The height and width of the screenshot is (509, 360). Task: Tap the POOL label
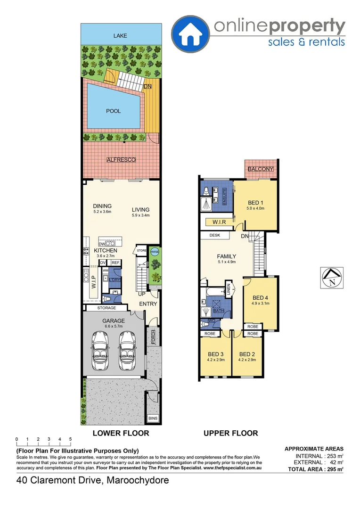coord(113,111)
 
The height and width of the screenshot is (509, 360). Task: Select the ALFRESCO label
coord(121,160)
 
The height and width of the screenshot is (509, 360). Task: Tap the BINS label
coord(153,418)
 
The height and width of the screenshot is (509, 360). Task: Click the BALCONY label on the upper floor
coord(261,169)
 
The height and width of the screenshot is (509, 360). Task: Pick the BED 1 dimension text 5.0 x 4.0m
coord(256,208)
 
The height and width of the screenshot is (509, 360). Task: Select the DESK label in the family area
coord(208,235)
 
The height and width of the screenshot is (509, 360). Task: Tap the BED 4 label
coord(260,297)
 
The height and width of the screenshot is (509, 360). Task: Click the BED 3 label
coord(215,354)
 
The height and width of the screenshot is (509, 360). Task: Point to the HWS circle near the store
coord(155,252)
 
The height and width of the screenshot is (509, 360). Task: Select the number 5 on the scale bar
coord(71,439)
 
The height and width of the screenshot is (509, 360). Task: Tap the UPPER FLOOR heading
coord(230,433)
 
